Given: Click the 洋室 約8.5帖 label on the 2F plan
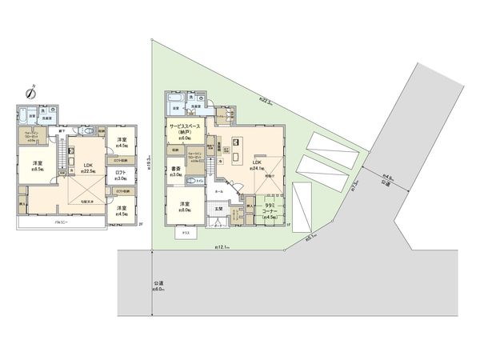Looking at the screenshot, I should [37, 166].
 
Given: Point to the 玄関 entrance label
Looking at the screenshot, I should [218, 211].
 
